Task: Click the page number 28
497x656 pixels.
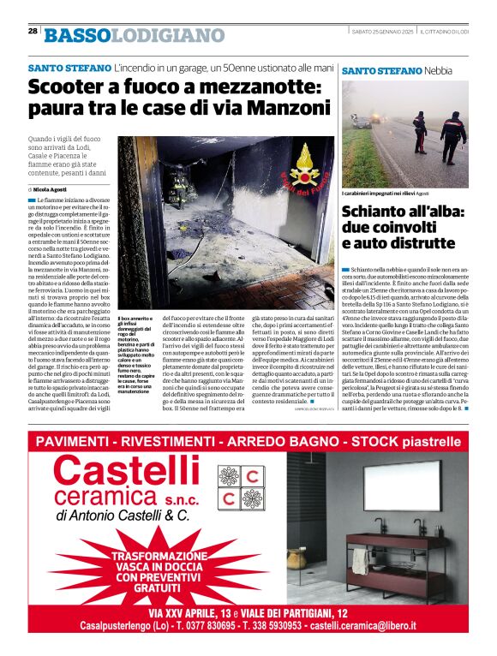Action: (33, 31)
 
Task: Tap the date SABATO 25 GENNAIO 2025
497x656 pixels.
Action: (383, 32)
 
